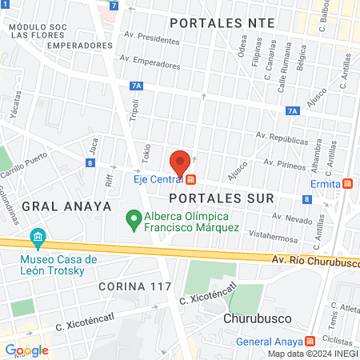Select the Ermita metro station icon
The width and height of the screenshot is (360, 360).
coord(347,184)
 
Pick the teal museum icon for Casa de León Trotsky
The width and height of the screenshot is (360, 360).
coord(36,238)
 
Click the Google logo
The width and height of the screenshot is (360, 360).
coord(26,350)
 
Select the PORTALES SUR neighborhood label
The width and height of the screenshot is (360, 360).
coord(222,198)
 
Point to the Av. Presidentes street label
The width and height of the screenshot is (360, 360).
coord(153,38)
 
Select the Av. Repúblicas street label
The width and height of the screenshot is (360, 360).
coord(282,138)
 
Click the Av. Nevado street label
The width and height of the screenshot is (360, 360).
coord(290,218)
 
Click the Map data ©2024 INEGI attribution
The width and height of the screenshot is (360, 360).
coord(312,354)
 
